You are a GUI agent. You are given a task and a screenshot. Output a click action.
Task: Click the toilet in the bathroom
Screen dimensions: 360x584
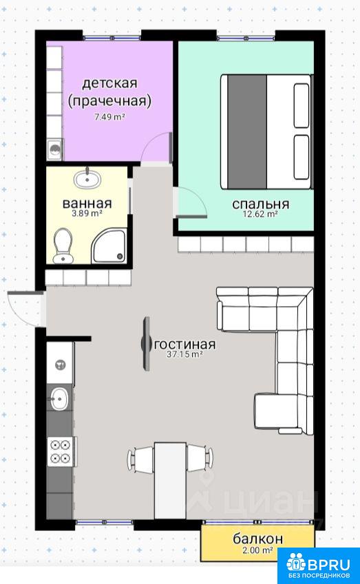[x=63, y=246]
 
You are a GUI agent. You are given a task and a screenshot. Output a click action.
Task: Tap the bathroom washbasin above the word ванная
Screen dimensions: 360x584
[x=87, y=179]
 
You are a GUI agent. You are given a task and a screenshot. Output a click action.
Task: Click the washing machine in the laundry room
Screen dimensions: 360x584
[x=55, y=150]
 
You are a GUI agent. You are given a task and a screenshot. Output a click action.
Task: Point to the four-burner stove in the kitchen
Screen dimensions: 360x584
[x=61, y=451]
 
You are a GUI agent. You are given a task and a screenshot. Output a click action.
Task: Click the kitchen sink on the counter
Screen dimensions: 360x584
[x=60, y=398]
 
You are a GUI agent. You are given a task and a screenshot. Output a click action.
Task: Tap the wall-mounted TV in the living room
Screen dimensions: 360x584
[x=146, y=343]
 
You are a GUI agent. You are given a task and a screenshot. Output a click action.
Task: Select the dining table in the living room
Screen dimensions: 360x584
[x=170, y=480]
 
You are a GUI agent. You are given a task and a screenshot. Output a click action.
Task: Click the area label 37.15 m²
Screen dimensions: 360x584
[x=184, y=354]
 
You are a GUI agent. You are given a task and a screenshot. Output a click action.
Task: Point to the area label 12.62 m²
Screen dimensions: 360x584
[x=260, y=214]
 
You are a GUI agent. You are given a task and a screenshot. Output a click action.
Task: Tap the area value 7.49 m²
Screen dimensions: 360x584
[x=109, y=117]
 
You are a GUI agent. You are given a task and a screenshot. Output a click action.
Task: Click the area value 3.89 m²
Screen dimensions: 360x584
[x=87, y=213]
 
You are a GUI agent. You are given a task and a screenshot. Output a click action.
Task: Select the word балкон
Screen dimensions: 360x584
[x=258, y=539]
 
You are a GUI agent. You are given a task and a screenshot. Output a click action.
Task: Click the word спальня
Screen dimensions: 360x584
[x=260, y=204]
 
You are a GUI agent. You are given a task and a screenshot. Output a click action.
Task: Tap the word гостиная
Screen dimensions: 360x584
[x=185, y=344]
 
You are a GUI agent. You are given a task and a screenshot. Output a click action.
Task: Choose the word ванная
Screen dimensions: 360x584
[x=87, y=204]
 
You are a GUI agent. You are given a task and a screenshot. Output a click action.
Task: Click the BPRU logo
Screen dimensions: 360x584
[x=319, y=565]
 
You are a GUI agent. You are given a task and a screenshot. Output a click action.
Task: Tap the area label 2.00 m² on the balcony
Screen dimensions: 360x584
[x=257, y=550]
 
